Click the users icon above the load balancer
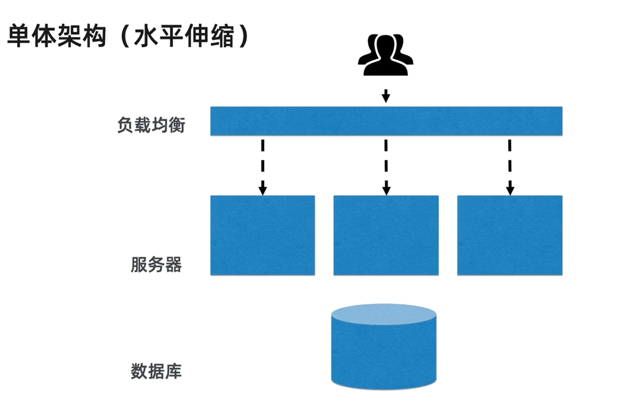coord(386,54)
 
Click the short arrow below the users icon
coord(386,96)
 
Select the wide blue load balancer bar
coord(386,121)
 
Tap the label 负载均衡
coord(151,125)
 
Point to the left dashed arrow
coord(262,166)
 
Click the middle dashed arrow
coord(386,166)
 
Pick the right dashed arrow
coord(510,166)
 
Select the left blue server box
coord(262,235)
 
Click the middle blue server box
coord(386,235)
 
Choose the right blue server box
coord(510,235)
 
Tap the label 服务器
coord(156,264)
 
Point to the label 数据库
coord(156,371)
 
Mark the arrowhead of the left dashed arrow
coord(262,190)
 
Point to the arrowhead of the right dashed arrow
coord(510,190)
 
